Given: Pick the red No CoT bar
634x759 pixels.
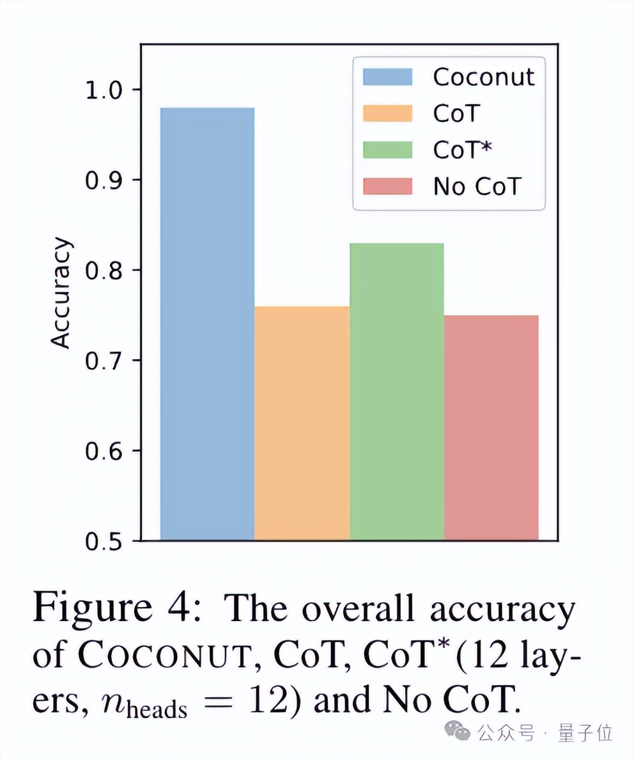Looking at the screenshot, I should (491, 428).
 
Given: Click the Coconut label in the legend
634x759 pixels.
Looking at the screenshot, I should (484, 77).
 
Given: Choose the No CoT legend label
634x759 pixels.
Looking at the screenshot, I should (477, 187).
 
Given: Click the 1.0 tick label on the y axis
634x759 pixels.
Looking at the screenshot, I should (104, 89).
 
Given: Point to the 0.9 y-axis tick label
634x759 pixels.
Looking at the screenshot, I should (104, 180).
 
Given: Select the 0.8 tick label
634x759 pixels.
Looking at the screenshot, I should (104, 270).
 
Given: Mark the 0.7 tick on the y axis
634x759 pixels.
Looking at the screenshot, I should (104, 361).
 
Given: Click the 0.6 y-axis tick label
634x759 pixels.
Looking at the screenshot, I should (104, 451).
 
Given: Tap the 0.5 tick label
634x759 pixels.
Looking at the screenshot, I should (104, 541).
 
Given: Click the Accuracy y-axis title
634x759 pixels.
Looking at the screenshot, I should (61, 293).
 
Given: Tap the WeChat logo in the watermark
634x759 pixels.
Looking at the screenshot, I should (458, 732).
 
